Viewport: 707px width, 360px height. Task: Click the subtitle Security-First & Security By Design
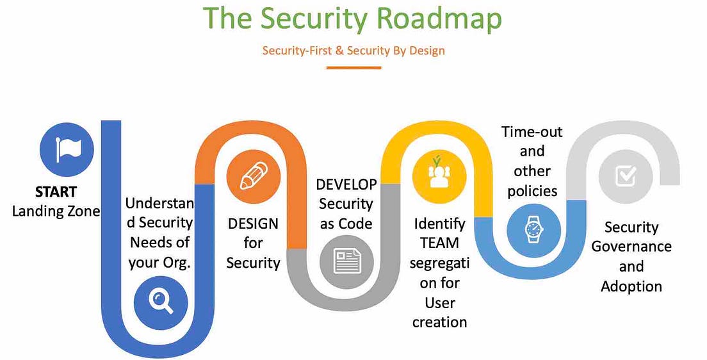tap(353, 51)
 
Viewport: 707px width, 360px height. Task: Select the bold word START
tap(56, 192)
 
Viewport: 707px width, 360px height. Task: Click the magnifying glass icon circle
tap(161, 300)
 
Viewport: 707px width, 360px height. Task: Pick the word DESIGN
tap(253, 224)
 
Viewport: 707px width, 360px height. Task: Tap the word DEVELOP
tap(346, 184)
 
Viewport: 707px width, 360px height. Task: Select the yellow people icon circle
tap(439, 173)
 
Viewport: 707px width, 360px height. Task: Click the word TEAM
tap(439, 243)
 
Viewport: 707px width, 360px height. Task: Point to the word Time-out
tap(532, 132)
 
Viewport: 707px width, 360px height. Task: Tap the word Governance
tap(631, 247)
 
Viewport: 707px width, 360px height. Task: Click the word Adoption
tap(631, 286)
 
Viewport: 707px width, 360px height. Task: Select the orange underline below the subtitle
tap(353, 67)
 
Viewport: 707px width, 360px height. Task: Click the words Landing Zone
tap(56, 210)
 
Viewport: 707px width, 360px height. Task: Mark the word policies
tap(532, 190)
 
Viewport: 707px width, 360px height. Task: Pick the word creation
tap(439, 322)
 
